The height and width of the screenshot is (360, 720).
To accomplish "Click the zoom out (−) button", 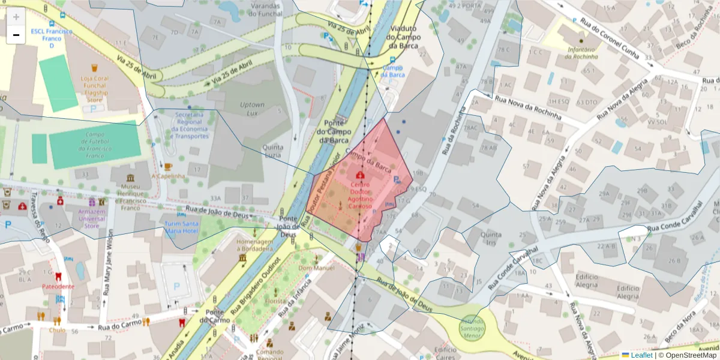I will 16,35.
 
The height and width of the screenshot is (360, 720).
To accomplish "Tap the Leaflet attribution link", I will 641,355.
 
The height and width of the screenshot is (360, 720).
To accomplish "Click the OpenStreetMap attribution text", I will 688,355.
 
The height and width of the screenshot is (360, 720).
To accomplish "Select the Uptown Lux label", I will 252,109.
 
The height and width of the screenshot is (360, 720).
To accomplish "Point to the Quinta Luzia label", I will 273,151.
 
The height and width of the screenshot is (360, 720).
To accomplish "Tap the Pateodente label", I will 58,286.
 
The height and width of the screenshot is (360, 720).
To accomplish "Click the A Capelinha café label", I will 168,176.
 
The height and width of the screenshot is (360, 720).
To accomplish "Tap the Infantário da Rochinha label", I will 581,53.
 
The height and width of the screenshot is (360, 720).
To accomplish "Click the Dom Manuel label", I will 316,268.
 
